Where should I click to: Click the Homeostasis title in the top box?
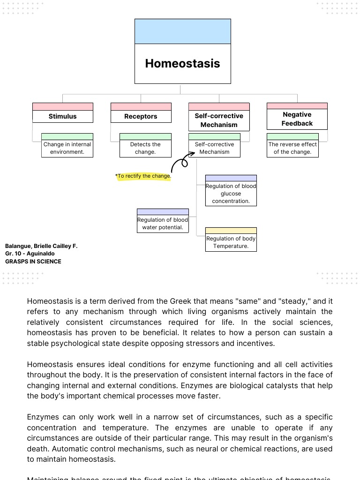[182, 64]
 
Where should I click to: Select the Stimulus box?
[62, 116]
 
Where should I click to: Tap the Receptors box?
[141, 116]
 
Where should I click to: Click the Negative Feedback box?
[297, 119]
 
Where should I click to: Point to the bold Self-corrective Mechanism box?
[219, 120]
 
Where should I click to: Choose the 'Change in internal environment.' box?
[67, 148]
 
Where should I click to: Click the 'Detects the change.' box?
[145, 148]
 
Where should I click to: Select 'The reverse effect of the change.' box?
[292, 148]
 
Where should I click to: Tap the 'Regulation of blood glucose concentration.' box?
[231, 194]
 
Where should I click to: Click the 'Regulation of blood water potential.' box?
[163, 224]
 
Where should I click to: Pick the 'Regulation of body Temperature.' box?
[231, 242]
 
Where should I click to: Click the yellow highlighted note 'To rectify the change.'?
[144, 176]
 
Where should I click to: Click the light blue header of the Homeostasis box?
[182, 31]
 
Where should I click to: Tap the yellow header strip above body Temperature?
[231, 231]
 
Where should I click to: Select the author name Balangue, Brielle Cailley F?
[41, 246]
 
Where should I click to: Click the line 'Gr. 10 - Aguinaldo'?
[30, 254]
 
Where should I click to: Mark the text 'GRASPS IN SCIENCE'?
[33, 262]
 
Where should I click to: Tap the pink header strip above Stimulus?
[62, 106]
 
